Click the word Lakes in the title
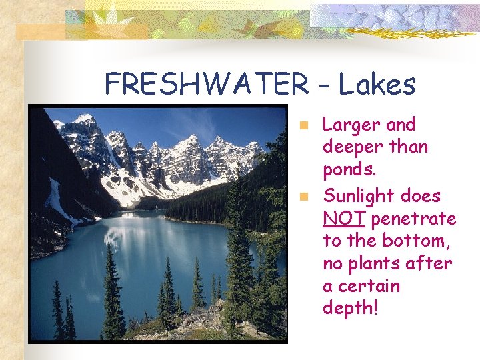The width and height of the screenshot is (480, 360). point(377,85)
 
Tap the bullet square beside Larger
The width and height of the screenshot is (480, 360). point(303,125)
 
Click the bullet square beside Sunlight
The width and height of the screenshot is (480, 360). point(303,197)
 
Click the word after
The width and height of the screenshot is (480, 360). point(429,264)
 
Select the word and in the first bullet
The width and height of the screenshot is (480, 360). point(400,125)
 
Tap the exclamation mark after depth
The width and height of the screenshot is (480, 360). point(375,308)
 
